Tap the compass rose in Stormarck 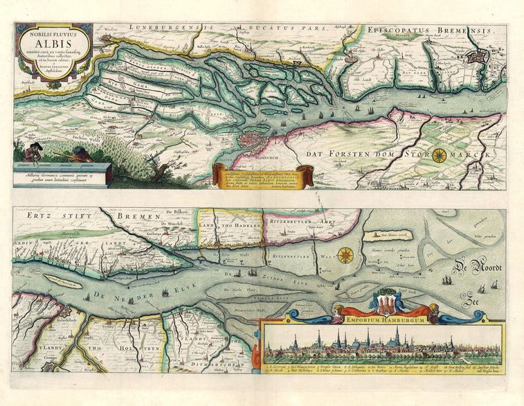coord(439,155)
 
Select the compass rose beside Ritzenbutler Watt coord(345,254)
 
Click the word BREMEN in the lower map coord(138,217)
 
